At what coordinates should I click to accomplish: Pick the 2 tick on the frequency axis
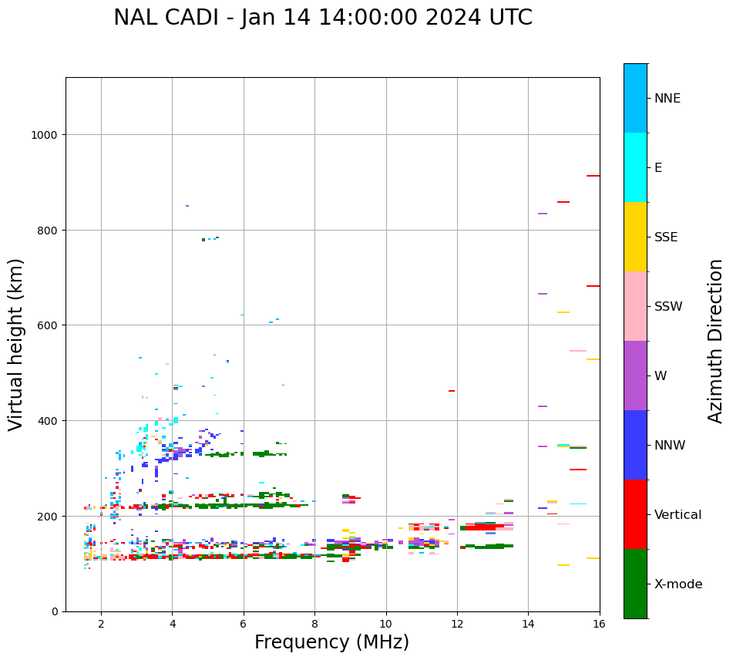pos(101,624)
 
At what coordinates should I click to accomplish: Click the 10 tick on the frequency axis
pos(385,624)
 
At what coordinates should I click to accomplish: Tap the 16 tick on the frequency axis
pos(599,624)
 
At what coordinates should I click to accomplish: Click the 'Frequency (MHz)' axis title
pos(331,642)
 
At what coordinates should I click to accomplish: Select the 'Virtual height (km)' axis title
pos(16,345)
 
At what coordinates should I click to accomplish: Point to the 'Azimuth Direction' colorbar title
pos(715,341)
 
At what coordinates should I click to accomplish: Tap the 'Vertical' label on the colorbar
pos(678,515)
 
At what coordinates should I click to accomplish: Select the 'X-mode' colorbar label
pos(678,584)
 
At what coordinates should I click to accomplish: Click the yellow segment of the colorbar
pos(635,237)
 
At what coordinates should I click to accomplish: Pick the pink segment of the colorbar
pos(635,306)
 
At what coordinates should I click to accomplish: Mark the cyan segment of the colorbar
pos(635,167)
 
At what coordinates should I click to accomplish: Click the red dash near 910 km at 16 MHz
pos(593,176)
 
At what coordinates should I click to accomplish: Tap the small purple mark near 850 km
pos(187,206)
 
